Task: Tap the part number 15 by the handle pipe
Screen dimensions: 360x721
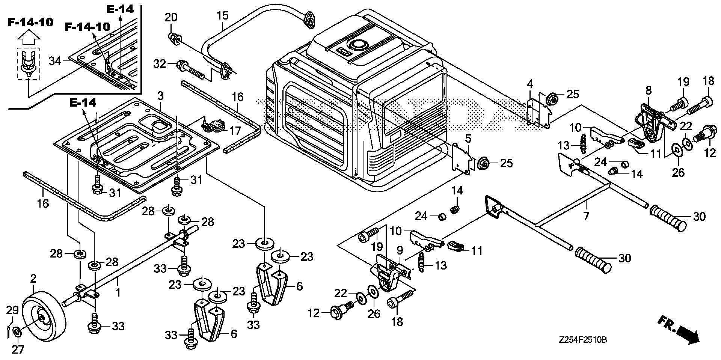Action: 222,16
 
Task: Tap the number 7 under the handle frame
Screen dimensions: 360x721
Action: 585,216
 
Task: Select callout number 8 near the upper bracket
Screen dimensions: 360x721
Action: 649,90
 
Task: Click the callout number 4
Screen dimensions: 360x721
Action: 530,84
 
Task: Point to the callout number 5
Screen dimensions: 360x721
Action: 468,139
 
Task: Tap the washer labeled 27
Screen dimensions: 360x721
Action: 17,332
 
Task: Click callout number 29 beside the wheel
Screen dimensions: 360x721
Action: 12,310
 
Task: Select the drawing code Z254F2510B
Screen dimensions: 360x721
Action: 582,340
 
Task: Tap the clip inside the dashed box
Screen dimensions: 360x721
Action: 28,64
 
